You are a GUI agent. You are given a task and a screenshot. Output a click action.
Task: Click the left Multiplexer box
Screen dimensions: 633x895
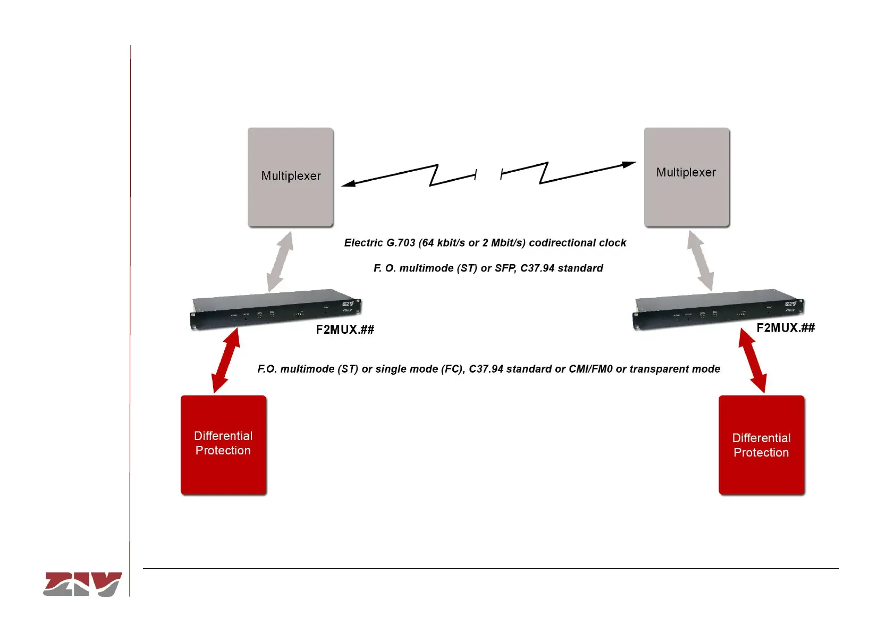pos(290,177)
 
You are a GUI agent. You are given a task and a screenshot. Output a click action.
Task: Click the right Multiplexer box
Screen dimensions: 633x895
pos(686,177)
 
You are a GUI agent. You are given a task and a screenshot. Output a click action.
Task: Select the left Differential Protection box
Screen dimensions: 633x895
pos(223,444)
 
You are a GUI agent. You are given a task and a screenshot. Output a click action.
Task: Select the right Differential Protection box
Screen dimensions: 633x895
pos(761,445)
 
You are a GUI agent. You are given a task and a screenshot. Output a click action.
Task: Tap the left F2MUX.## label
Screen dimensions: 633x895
pos(345,330)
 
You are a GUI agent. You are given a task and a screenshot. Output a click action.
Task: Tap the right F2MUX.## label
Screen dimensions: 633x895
pos(785,328)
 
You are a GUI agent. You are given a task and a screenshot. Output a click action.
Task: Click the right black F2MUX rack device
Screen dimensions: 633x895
pos(717,308)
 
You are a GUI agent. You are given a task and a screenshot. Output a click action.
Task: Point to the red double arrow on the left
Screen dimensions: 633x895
pos(225,361)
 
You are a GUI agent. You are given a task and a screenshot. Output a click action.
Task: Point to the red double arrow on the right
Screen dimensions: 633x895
pos(753,360)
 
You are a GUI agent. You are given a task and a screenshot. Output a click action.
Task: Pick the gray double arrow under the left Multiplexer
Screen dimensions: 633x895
pos(280,261)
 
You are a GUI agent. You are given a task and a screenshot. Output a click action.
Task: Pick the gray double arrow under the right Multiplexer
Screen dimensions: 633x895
pos(700,260)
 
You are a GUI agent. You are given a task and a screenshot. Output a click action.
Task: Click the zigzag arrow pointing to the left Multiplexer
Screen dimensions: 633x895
pos(409,176)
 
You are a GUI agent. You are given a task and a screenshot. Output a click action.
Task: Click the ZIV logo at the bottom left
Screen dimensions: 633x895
pos(82,584)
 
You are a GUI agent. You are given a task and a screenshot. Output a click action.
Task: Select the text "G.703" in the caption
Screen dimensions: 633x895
pos(400,243)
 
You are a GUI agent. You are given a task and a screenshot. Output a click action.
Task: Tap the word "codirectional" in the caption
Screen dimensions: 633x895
pos(562,243)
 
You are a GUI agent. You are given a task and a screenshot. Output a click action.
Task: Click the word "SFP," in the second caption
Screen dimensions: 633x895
pos(505,268)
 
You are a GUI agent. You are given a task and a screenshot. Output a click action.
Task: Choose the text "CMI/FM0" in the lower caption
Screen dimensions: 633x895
pos(590,369)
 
